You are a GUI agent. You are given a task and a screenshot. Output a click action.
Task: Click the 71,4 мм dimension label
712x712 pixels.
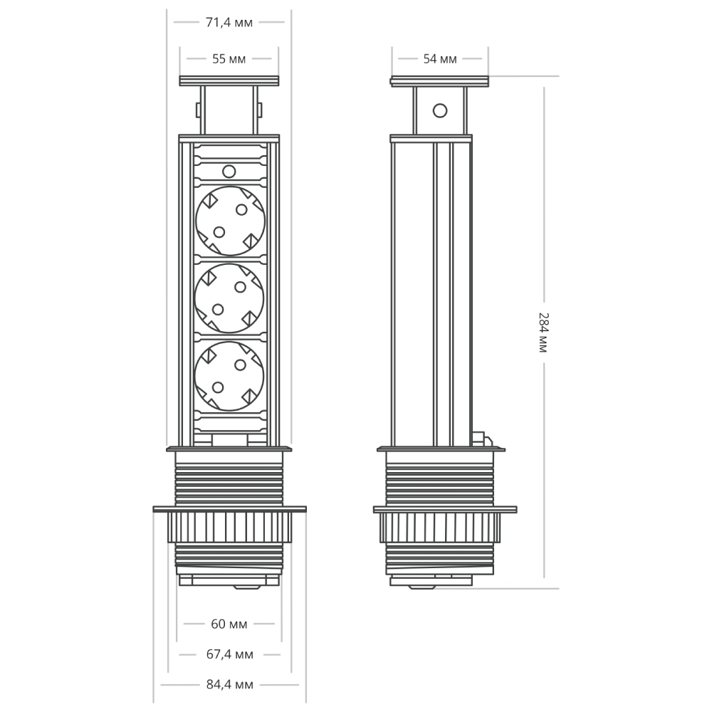pyautogui.click(x=229, y=22)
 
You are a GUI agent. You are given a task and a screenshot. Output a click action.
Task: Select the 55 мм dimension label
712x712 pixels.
pyautogui.click(x=229, y=59)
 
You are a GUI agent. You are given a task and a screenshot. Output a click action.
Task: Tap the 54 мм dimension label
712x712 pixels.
pyautogui.click(x=439, y=59)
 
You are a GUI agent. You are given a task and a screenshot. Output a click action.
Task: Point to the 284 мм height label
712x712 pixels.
pyautogui.click(x=543, y=332)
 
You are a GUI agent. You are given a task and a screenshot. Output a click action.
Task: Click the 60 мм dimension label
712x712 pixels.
pyautogui.click(x=229, y=624)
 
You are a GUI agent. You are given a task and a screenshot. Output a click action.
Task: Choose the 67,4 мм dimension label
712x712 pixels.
pyautogui.click(x=229, y=654)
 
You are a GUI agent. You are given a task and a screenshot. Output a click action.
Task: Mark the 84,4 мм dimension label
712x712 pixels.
pyautogui.click(x=229, y=685)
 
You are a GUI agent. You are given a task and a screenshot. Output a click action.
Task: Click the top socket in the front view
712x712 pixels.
pyautogui.click(x=229, y=220)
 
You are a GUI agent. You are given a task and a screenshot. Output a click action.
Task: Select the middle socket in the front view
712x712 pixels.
pyautogui.click(x=229, y=298)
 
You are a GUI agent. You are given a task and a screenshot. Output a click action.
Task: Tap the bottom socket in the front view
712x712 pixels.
pyautogui.click(x=229, y=376)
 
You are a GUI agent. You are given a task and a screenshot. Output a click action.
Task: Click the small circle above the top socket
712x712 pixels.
pyautogui.click(x=229, y=172)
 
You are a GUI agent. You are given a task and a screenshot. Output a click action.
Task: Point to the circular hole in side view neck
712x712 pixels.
pyautogui.click(x=440, y=110)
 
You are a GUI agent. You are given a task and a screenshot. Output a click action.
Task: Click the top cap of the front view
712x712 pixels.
pyautogui.click(x=229, y=81)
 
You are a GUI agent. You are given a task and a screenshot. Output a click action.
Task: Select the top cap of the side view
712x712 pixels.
pyautogui.click(x=439, y=81)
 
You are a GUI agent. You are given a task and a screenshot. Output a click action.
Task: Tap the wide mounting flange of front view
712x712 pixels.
pyautogui.click(x=229, y=509)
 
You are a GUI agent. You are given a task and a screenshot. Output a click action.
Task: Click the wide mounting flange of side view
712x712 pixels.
pyautogui.click(x=445, y=509)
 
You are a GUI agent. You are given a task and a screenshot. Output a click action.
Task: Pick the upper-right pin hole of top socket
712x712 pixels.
pyautogui.click(x=241, y=209)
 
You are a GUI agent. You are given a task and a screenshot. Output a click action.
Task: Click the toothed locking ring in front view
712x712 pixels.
pyautogui.click(x=229, y=528)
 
